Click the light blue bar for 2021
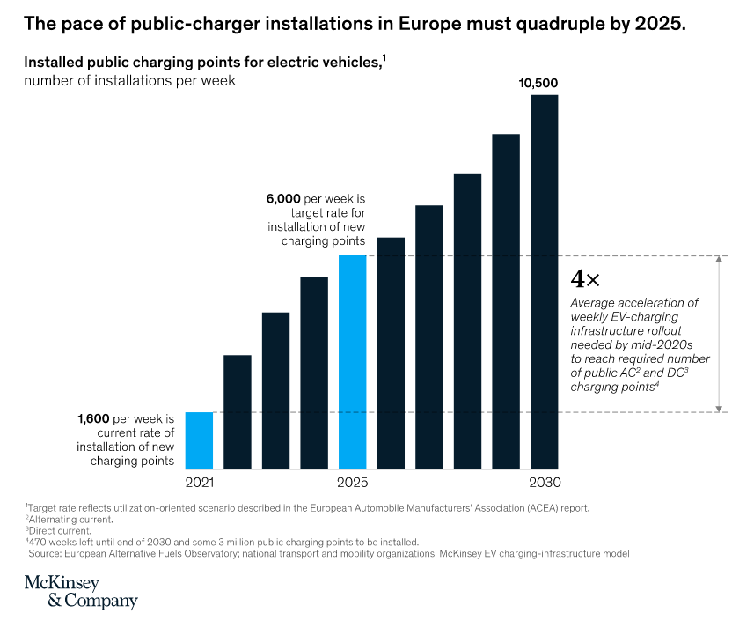click(x=199, y=440)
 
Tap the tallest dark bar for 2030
click(x=544, y=282)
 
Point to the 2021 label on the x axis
click(x=199, y=483)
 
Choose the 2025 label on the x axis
click(x=352, y=483)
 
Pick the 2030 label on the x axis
click(x=544, y=483)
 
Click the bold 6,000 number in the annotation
click(x=283, y=200)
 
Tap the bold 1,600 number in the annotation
click(x=96, y=419)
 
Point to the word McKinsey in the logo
click(x=62, y=584)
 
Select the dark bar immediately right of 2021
click(x=238, y=412)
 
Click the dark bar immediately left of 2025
click(x=314, y=373)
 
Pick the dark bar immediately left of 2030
click(x=506, y=301)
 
